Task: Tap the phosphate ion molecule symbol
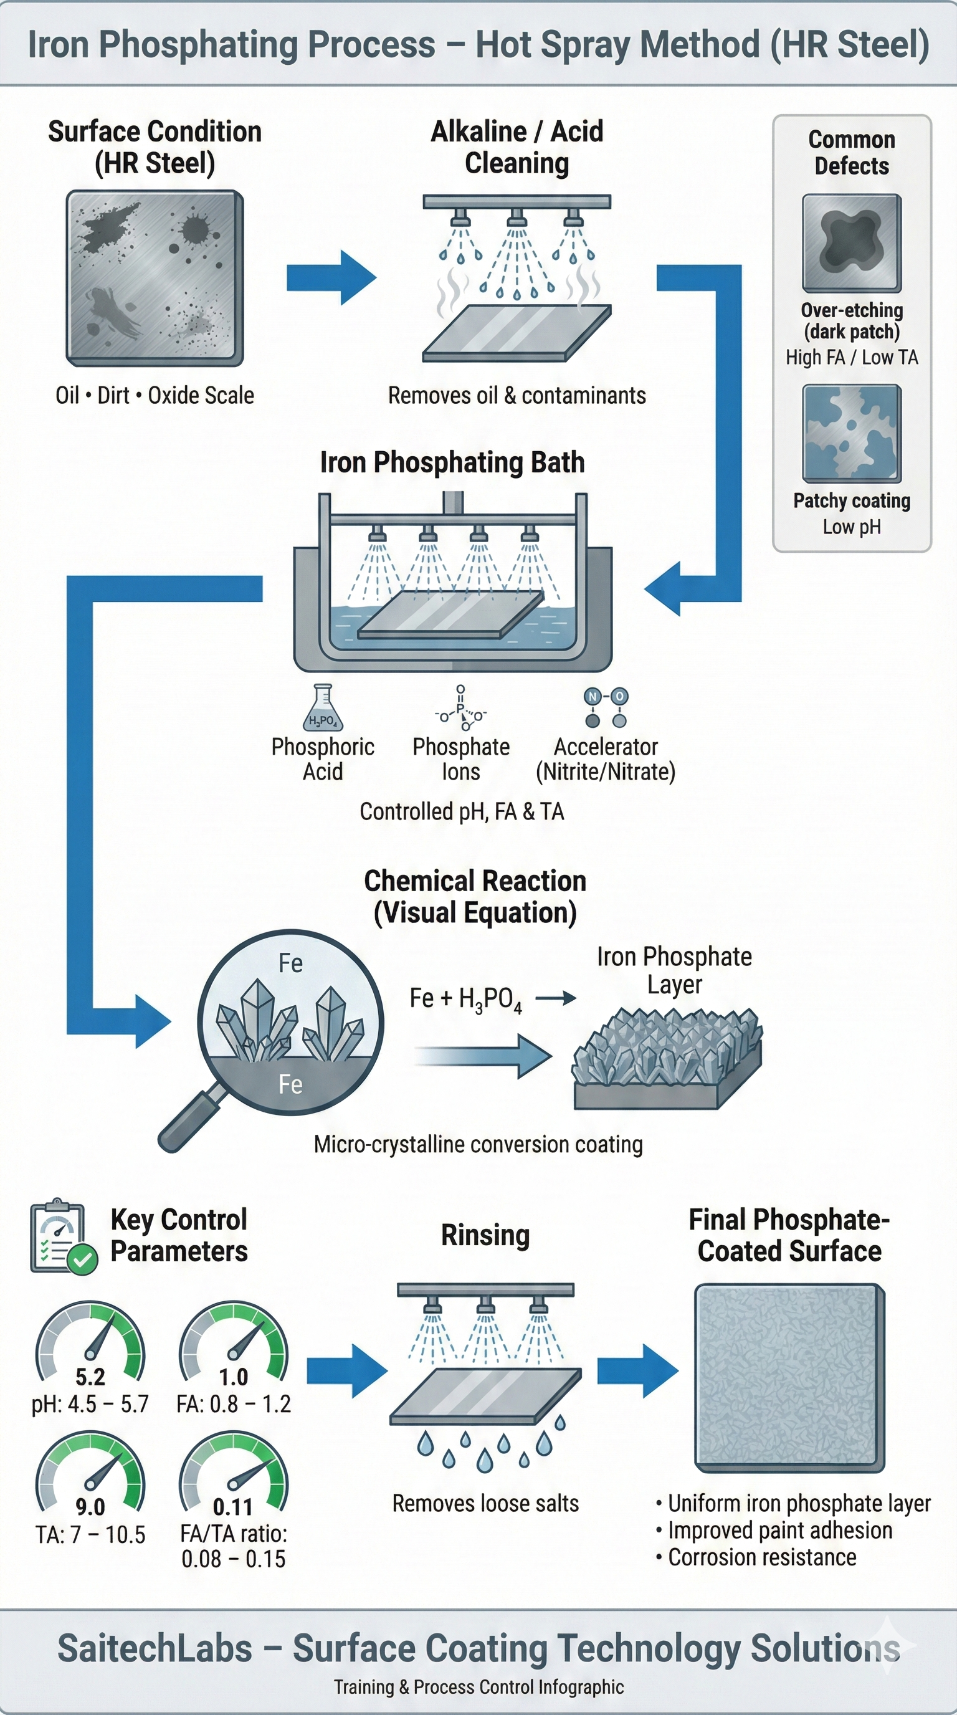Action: (x=460, y=709)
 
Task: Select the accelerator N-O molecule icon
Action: (x=606, y=708)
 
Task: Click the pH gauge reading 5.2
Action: (x=90, y=1376)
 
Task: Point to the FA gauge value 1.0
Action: (x=234, y=1376)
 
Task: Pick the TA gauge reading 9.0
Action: (x=90, y=1507)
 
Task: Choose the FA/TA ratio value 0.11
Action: (x=233, y=1507)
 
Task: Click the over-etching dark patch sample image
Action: (x=852, y=244)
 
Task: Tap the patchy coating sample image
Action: (x=852, y=433)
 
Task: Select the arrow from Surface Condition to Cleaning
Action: (x=331, y=277)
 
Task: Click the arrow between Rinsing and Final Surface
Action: (x=637, y=1371)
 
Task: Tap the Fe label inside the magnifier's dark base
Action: (x=290, y=1084)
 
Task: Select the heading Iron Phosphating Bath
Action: (x=452, y=462)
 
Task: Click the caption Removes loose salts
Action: (x=486, y=1503)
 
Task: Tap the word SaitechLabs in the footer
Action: (x=155, y=1648)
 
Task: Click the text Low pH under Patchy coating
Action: (x=852, y=527)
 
